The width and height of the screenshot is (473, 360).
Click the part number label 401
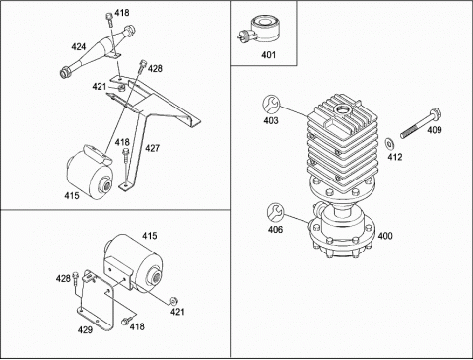[268, 55]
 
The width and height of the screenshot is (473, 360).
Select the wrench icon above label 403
[271, 105]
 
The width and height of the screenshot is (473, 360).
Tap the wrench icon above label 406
[275, 212]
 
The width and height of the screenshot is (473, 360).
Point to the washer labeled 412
[390, 144]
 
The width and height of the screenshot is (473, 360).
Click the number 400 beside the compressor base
[385, 236]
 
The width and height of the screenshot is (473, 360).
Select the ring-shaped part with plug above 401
[261, 31]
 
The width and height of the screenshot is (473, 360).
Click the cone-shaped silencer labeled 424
[98, 51]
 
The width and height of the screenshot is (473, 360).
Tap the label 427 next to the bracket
[152, 148]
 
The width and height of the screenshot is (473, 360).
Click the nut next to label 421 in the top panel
[121, 88]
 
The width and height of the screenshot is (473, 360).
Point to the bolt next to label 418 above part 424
[109, 20]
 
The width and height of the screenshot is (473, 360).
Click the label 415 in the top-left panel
[72, 195]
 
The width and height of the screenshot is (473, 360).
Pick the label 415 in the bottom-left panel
[150, 236]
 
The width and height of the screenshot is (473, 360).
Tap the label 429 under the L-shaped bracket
[85, 329]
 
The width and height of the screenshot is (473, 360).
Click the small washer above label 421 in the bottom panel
[173, 301]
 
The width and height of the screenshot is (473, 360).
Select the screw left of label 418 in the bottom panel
[125, 321]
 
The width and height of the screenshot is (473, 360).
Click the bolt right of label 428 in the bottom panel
[76, 278]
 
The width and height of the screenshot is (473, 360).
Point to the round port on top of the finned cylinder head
[342, 109]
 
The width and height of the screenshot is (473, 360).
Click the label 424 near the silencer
[79, 47]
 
